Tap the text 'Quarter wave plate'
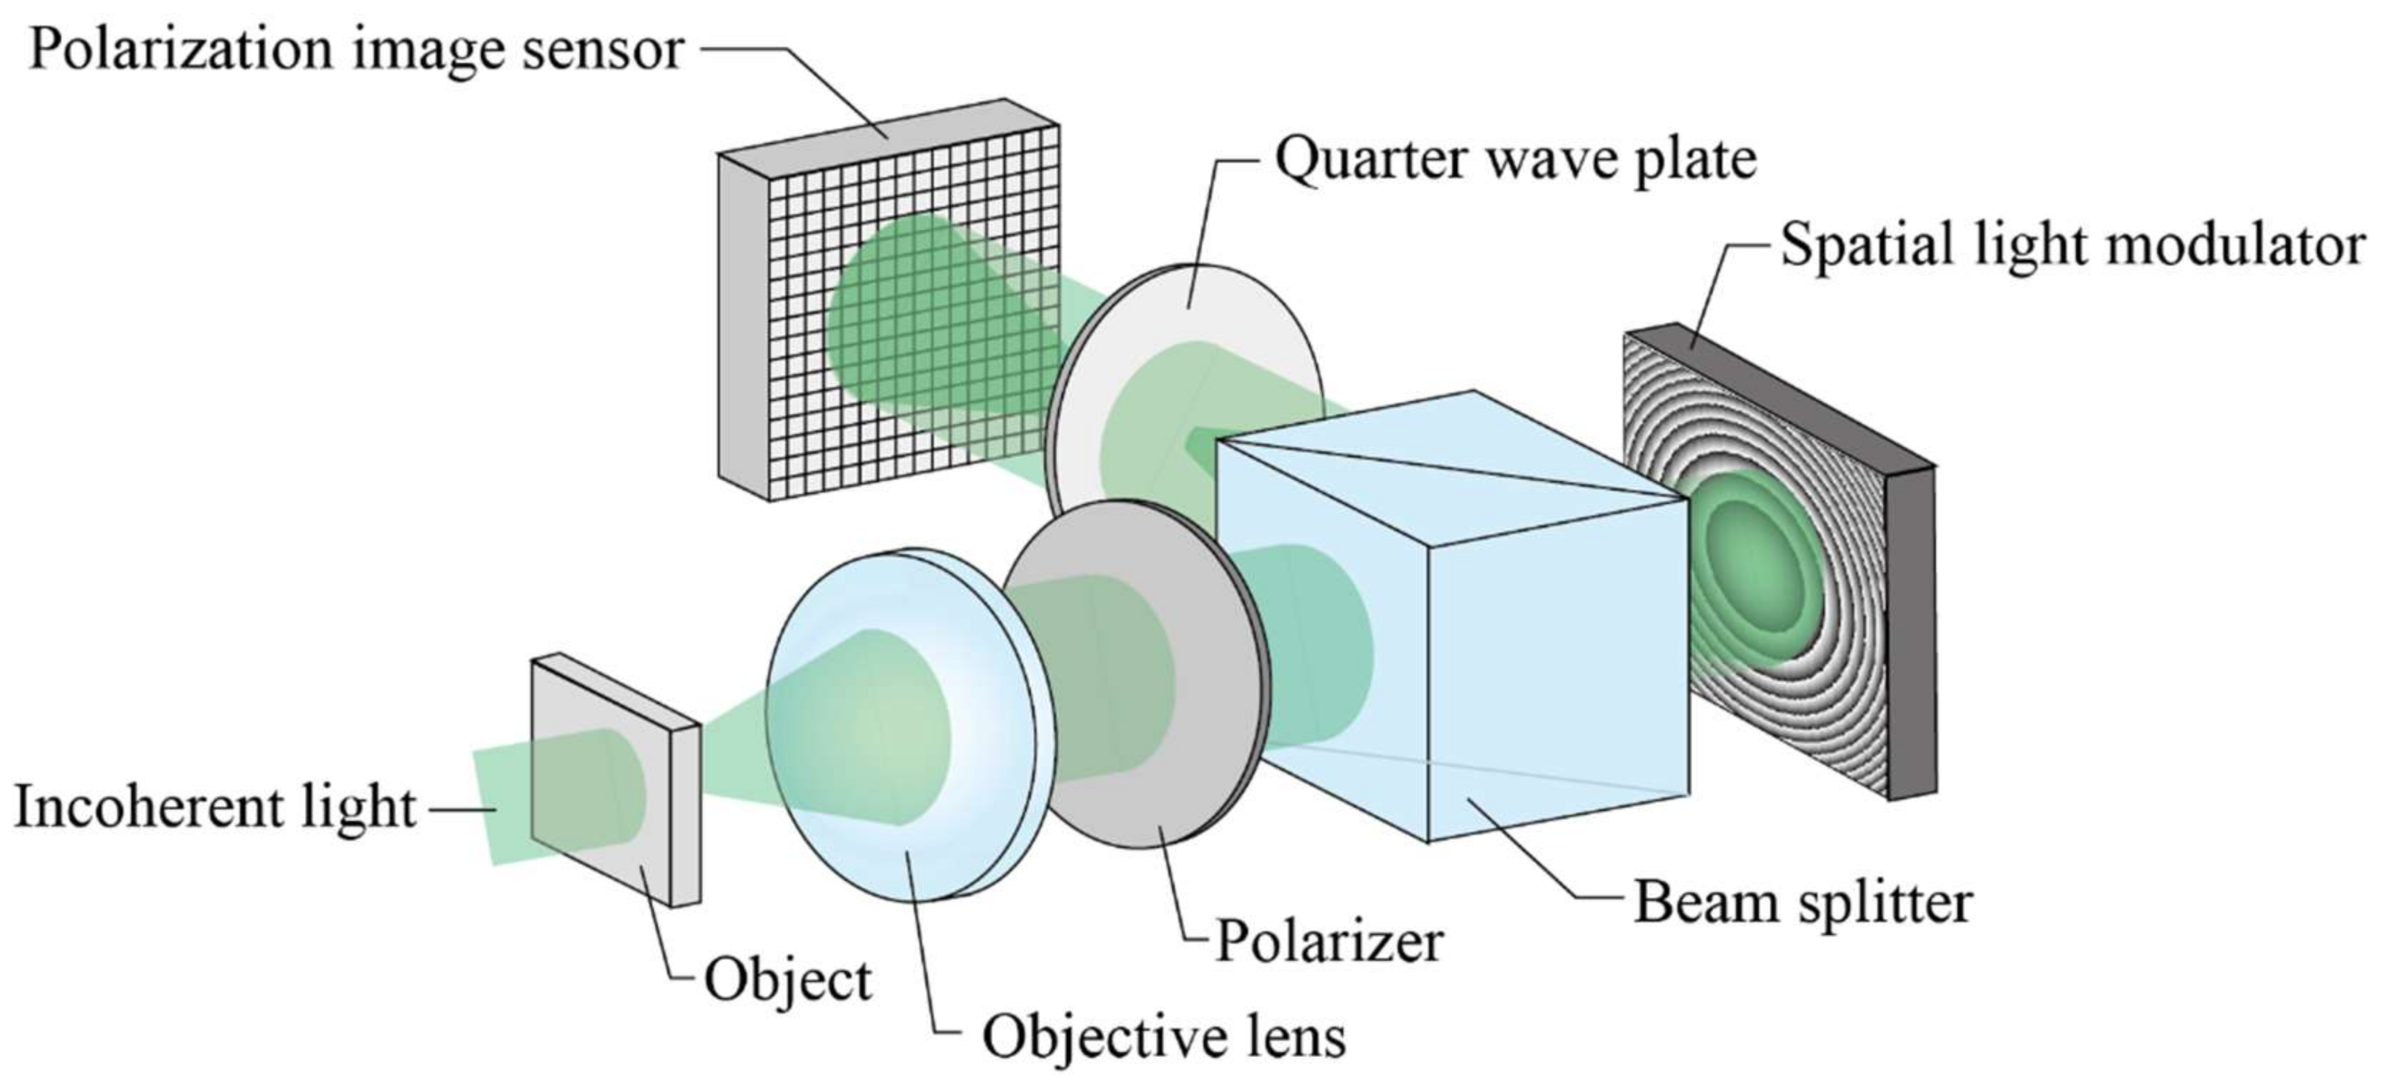tap(1515, 159)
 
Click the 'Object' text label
tap(787, 980)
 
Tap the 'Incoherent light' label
tap(215, 807)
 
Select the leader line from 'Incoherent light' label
tap(463, 809)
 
